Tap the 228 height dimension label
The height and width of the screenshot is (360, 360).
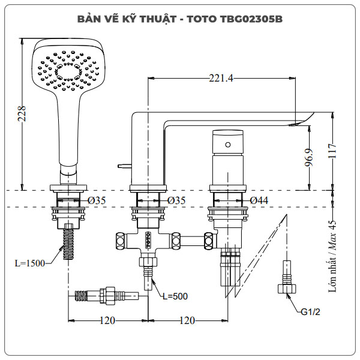22,113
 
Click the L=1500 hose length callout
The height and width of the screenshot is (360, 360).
31,263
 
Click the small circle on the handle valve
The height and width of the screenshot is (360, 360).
227,145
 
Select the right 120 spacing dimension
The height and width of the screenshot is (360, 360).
188,320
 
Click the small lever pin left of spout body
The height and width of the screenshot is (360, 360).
125,163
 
